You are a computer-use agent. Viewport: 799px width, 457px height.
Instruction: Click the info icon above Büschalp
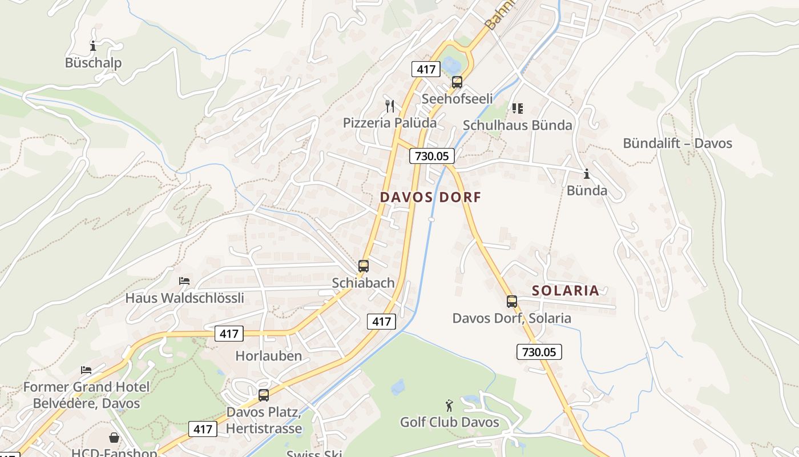[x=93, y=46]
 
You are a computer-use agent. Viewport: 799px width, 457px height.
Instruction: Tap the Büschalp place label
[x=93, y=62]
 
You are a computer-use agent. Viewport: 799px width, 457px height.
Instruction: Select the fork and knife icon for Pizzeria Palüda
[x=390, y=106]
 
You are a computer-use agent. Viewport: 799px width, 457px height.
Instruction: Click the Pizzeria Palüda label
[x=390, y=122]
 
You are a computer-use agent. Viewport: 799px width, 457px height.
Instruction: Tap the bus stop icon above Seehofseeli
[x=457, y=82]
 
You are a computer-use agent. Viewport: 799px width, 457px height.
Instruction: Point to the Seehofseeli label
[x=457, y=99]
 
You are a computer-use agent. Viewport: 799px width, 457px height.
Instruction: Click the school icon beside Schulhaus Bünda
[x=518, y=108]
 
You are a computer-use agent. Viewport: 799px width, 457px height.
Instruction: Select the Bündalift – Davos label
[x=677, y=143]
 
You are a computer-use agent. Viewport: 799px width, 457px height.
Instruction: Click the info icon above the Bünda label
[x=587, y=174]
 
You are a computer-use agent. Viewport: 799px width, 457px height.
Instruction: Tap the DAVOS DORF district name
[x=430, y=197]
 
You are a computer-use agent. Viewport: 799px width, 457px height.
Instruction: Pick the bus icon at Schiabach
[x=363, y=266]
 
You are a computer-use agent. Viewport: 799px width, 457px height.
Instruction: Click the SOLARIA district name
[x=566, y=290]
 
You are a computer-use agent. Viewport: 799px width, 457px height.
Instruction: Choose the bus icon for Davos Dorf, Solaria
[x=511, y=302]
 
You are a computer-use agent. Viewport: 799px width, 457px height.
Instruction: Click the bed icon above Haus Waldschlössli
[x=184, y=281]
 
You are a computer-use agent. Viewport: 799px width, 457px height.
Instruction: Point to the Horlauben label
[x=268, y=355]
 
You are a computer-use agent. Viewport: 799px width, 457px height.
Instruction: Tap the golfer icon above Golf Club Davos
[x=450, y=406]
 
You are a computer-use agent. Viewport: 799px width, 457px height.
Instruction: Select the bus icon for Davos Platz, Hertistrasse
[x=263, y=395]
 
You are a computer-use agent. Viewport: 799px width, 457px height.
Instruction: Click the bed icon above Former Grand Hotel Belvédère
[x=86, y=370]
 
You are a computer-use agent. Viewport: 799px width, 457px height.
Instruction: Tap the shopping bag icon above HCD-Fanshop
[x=114, y=438]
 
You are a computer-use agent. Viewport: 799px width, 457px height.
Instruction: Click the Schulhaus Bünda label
[x=517, y=125]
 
